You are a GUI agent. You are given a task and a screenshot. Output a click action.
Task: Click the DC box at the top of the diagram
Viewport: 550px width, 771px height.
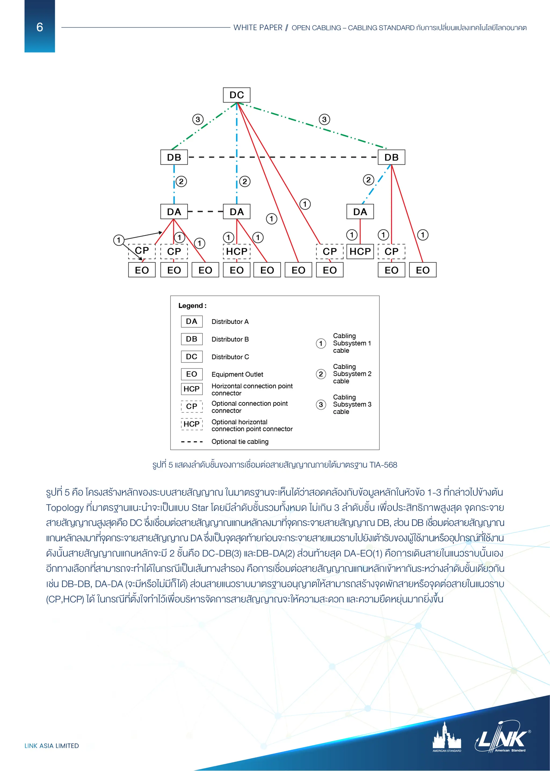pyautogui.click(x=236, y=95)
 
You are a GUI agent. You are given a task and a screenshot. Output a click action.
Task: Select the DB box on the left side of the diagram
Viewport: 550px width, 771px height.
pyautogui.click(x=174, y=157)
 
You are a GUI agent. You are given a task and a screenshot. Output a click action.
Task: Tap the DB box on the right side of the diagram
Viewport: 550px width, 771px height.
pyautogui.click(x=391, y=157)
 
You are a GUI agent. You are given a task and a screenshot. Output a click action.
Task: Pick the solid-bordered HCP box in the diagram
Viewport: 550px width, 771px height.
pyautogui.click(x=360, y=251)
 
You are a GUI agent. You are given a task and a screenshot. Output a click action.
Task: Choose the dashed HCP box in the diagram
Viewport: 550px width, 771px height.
pyautogui.click(x=236, y=251)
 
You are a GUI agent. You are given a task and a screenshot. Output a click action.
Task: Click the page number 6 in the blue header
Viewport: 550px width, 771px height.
pyautogui.click(x=40, y=27)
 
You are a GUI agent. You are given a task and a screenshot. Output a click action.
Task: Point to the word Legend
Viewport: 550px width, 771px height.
pyautogui.click(x=191, y=306)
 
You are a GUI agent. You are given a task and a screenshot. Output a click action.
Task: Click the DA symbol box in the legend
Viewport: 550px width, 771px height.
pyautogui.click(x=192, y=321)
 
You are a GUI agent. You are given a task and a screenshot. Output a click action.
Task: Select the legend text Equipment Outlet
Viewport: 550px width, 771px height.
pyautogui.click(x=237, y=374)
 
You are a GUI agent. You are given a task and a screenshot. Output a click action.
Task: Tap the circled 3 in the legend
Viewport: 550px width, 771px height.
pyautogui.click(x=321, y=404)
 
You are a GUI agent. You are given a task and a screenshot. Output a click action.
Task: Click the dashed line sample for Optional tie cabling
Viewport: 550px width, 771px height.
pyautogui.click(x=192, y=442)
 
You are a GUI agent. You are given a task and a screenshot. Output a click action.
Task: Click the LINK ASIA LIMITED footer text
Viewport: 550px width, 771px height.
pyautogui.click(x=52, y=746)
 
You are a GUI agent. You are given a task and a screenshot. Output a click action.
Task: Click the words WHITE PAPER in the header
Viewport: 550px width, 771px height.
pyautogui.click(x=258, y=28)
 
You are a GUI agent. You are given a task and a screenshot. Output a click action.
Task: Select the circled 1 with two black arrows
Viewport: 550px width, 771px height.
pyautogui.click(x=118, y=240)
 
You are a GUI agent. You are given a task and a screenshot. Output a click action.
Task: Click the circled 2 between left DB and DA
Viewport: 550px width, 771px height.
pyautogui.click(x=181, y=181)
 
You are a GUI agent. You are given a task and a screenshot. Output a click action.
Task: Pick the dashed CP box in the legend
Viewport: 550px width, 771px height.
pyautogui.click(x=192, y=406)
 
